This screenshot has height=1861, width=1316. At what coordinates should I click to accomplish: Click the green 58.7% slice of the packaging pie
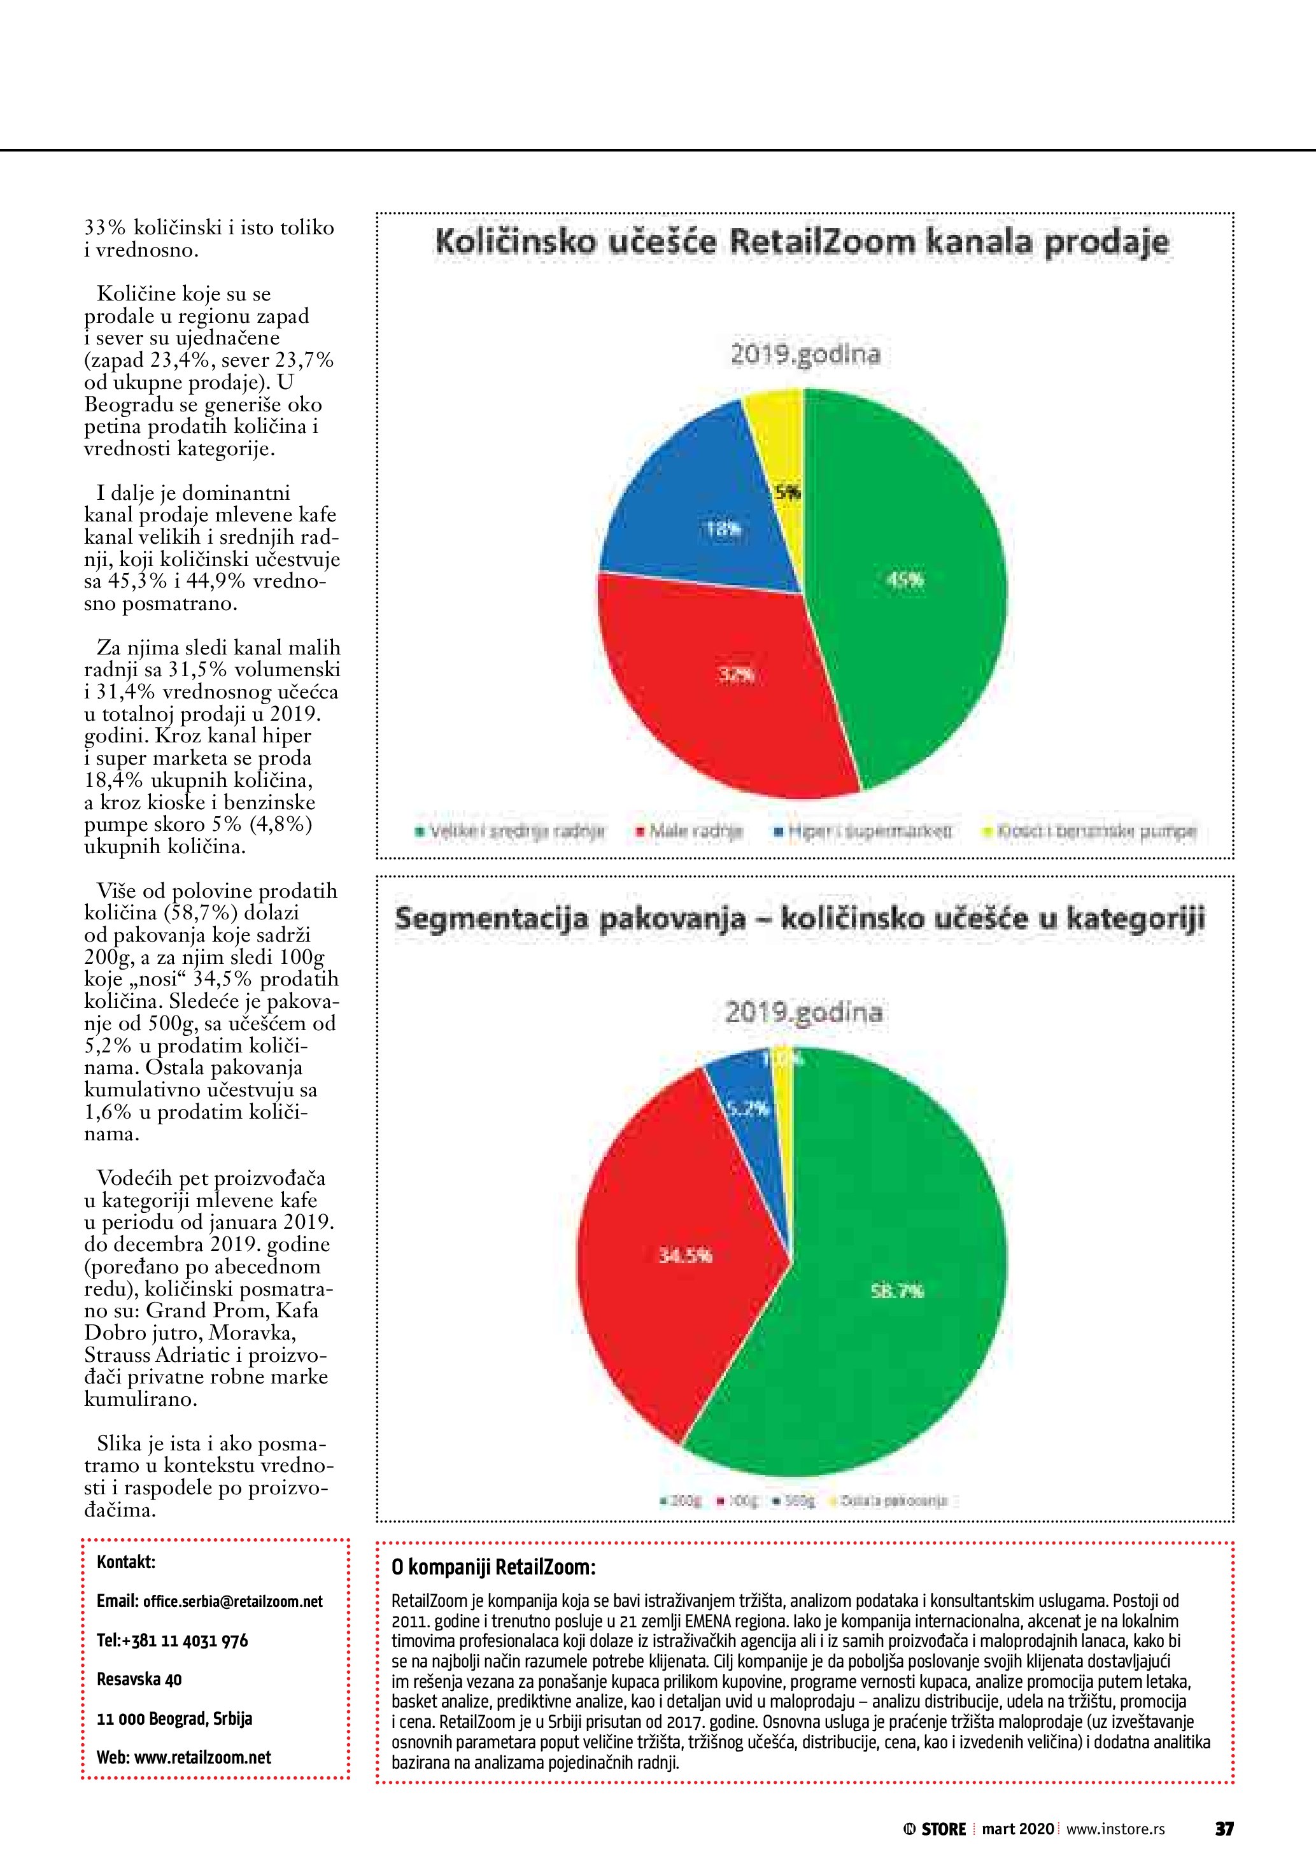pyautogui.click(x=891, y=1297)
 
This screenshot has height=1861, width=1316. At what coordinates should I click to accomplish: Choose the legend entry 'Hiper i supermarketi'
pyautogui.click(x=864, y=831)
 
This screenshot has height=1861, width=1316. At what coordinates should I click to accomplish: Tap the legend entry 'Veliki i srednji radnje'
pyautogui.click(x=512, y=831)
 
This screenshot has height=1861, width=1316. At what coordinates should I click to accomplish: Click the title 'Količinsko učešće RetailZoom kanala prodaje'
pyautogui.click(x=802, y=243)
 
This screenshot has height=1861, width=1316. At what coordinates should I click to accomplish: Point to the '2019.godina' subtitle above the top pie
pyautogui.click(x=805, y=355)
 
